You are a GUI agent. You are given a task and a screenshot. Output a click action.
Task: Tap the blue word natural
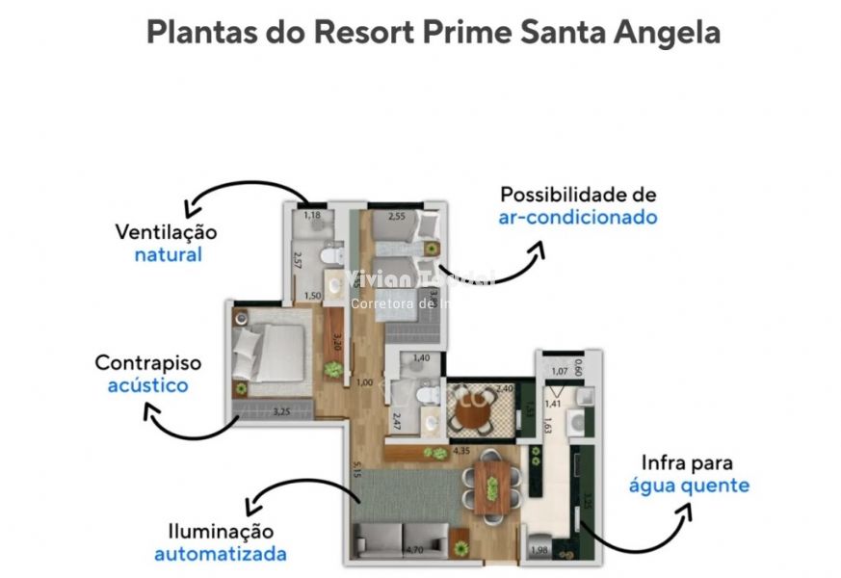(x=168, y=255)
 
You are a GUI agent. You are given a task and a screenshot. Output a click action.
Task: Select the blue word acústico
(x=147, y=385)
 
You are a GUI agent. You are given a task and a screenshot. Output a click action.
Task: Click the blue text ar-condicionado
(x=578, y=217)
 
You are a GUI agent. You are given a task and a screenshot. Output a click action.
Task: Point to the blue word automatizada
(x=220, y=554)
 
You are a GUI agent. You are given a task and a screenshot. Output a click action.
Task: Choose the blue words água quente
(x=689, y=485)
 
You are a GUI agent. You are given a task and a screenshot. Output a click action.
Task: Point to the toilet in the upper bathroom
(x=333, y=256)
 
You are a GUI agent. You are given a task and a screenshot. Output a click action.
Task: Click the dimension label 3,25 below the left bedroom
(x=281, y=412)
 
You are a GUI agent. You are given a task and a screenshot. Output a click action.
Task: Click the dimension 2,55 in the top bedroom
(x=396, y=217)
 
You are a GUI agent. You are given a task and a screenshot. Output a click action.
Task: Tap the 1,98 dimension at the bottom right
(x=539, y=550)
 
